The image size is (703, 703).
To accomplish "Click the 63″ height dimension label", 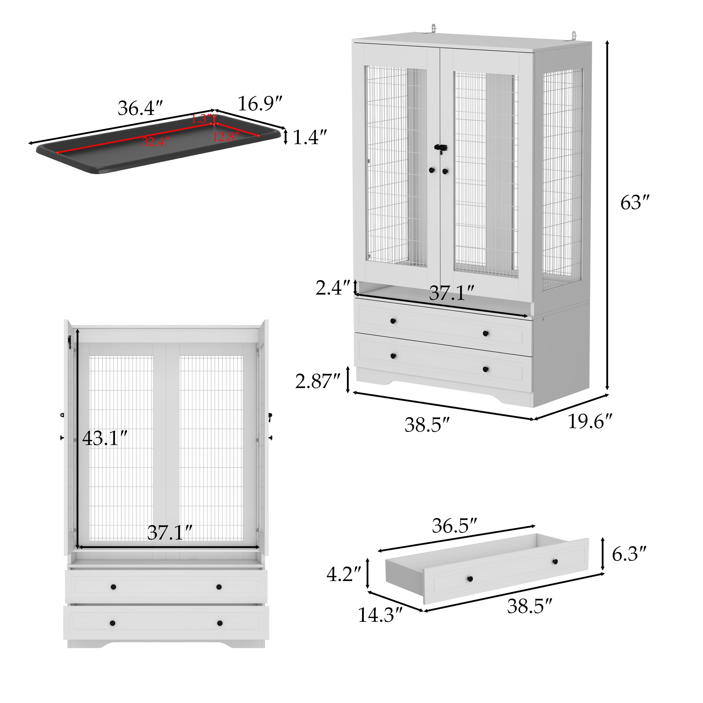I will tap(634, 203).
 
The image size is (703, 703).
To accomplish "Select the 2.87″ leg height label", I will tap(317, 381).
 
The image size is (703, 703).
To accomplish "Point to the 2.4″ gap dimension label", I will tap(332, 288).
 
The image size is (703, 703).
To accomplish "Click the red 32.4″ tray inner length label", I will tap(155, 142).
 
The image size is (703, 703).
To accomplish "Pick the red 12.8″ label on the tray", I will tap(226, 137).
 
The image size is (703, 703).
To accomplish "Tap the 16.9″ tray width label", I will tap(260, 104).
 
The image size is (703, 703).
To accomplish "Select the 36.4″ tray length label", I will tap(140, 108).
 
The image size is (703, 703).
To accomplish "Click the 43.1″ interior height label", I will tap(105, 438).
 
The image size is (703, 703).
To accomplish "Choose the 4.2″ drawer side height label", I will tap(343, 575).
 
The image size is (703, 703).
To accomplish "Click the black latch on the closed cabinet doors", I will tap(441, 148).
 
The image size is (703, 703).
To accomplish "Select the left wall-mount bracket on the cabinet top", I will tap(433, 28).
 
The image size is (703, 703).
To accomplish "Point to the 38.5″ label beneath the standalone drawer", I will tap(529, 606).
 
